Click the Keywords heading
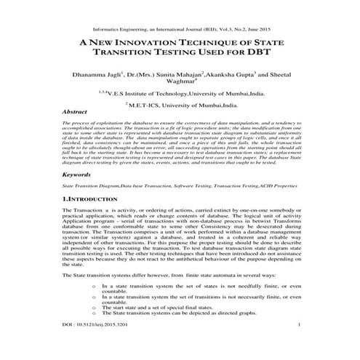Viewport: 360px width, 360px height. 78,175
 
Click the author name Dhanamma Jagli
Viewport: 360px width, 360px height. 95,74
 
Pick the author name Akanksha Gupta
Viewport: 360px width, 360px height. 215,74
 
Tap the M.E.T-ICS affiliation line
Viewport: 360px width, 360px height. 182,105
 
